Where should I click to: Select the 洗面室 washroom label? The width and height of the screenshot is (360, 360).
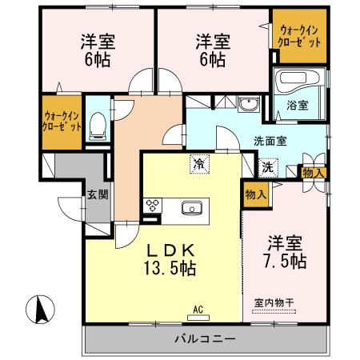(x=271, y=140)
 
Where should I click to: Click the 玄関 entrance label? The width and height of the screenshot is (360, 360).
(x=98, y=194)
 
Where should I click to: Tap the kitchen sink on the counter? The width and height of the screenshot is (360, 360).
(x=192, y=208)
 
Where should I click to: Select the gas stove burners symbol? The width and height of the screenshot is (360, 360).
(x=152, y=206)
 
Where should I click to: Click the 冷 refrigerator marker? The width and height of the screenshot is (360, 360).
(x=198, y=163)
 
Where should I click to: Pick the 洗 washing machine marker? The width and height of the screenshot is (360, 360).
(x=268, y=168)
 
